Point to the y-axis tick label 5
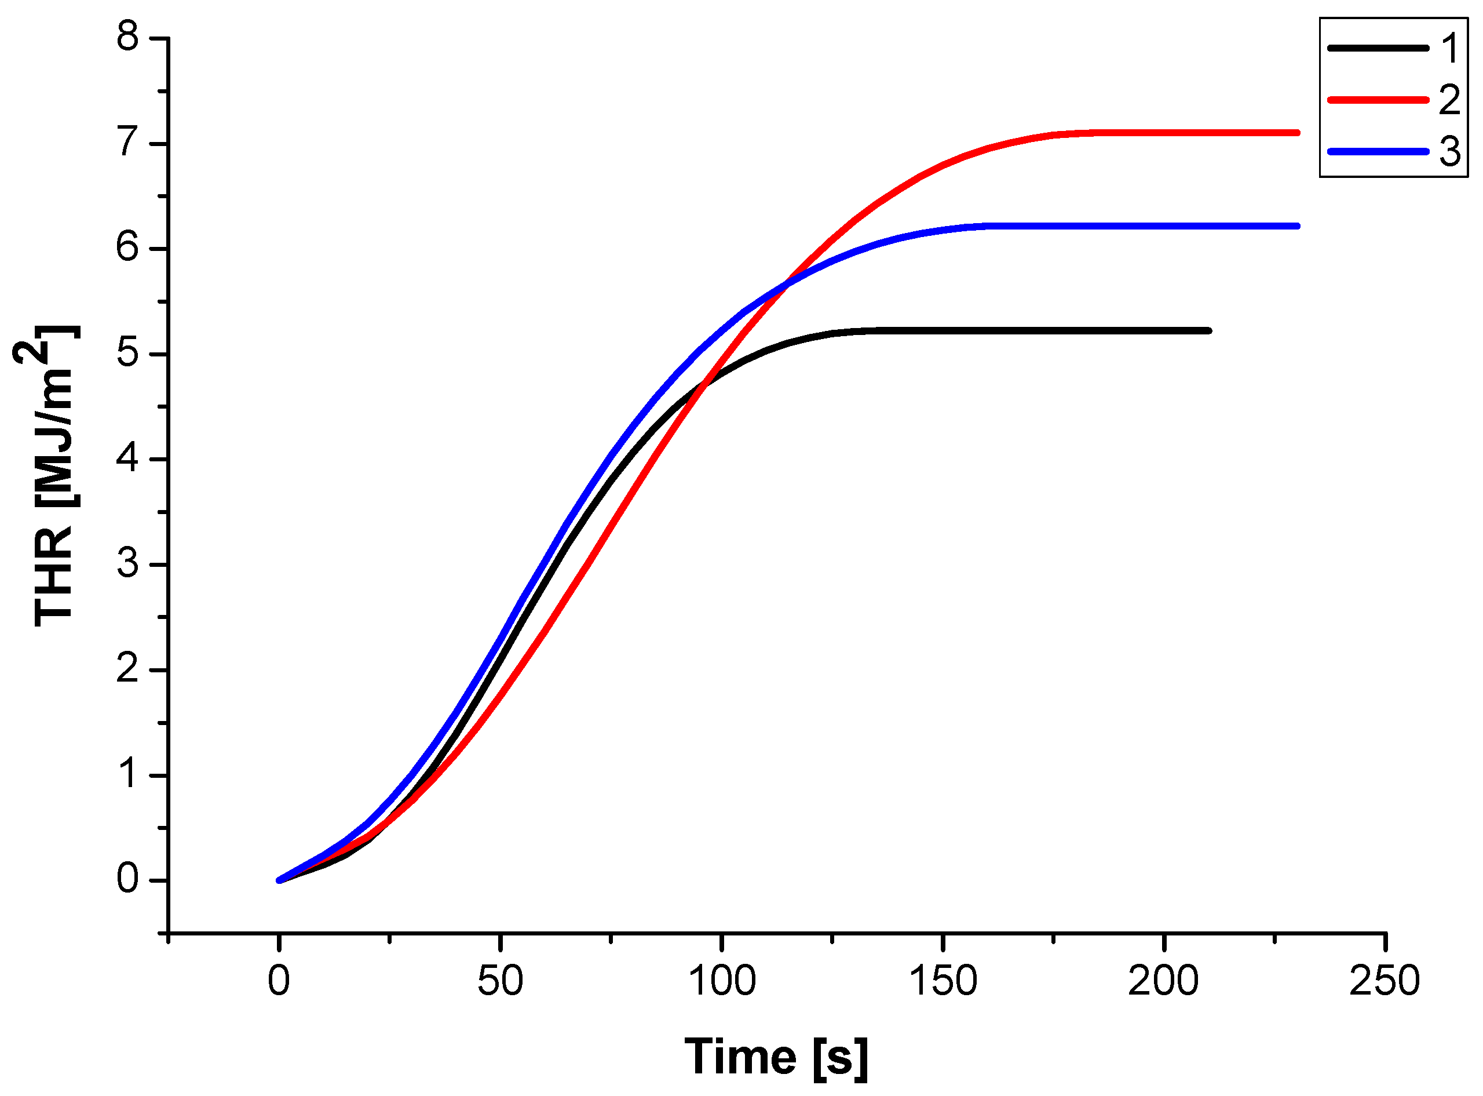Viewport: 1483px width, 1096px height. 127,353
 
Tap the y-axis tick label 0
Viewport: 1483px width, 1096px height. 127,879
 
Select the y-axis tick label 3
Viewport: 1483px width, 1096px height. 127,564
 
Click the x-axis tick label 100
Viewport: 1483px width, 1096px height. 721,981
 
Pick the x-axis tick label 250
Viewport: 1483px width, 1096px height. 1384,981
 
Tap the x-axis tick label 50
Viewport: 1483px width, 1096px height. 500,981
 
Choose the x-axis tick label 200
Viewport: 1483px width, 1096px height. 1163,981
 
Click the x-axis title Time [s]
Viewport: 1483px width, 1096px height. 776,1056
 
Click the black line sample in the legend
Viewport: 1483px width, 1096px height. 1378,48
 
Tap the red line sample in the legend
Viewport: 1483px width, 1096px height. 1378,100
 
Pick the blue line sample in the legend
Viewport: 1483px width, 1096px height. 1378,151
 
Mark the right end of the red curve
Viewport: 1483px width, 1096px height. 1296,133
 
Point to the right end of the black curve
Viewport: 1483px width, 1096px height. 1208,330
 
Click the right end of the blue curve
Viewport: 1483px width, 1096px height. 1296,226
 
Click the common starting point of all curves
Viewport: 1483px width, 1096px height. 279,880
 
